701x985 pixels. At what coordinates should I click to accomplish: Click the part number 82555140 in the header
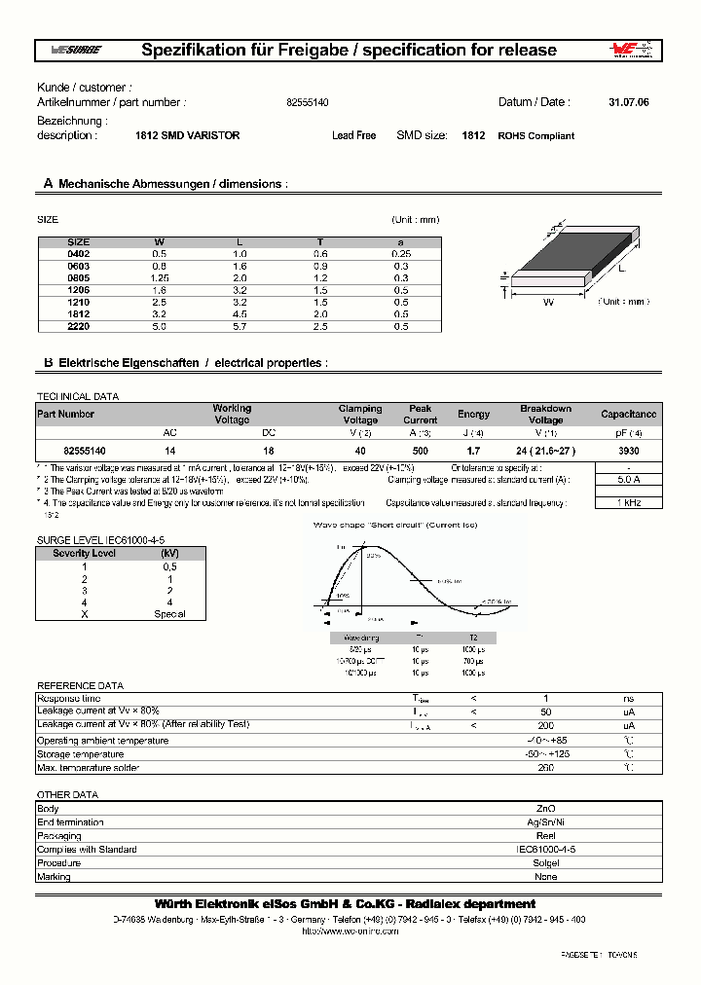(x=307, y=102)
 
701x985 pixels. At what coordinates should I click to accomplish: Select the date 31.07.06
(x=628, y=102)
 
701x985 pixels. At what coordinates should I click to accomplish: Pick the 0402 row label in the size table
(x=78, y=253)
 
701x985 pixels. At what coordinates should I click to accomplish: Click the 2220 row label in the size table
(x=78, y=327)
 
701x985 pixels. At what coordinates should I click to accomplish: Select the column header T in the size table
(x=320, y=241)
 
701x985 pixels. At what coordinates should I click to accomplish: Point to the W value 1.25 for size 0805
(x=160, y=277)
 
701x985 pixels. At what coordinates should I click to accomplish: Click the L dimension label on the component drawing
(x=620, y=267)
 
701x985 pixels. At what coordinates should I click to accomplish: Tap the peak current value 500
(x=421, y=451)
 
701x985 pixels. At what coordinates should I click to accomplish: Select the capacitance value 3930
(x=629, y=451)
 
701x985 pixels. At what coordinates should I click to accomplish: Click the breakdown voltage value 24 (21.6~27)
(x=546, y=451)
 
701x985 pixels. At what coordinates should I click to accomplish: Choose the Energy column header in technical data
(x=474, y=415)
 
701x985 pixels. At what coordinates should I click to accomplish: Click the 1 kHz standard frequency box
(x=629, y=502)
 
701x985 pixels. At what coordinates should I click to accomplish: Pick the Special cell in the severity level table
(x=169, y=614)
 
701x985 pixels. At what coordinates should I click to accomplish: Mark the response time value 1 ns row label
(x=69, y=699)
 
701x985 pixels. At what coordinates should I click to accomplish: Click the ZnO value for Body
(x=546, y=809)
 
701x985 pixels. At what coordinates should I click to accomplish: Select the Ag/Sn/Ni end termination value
(x=546, y=822)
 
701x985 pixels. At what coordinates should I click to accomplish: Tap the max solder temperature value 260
(x=546, y=768)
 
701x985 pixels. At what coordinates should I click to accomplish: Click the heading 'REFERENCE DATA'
(x=80, y=685)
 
